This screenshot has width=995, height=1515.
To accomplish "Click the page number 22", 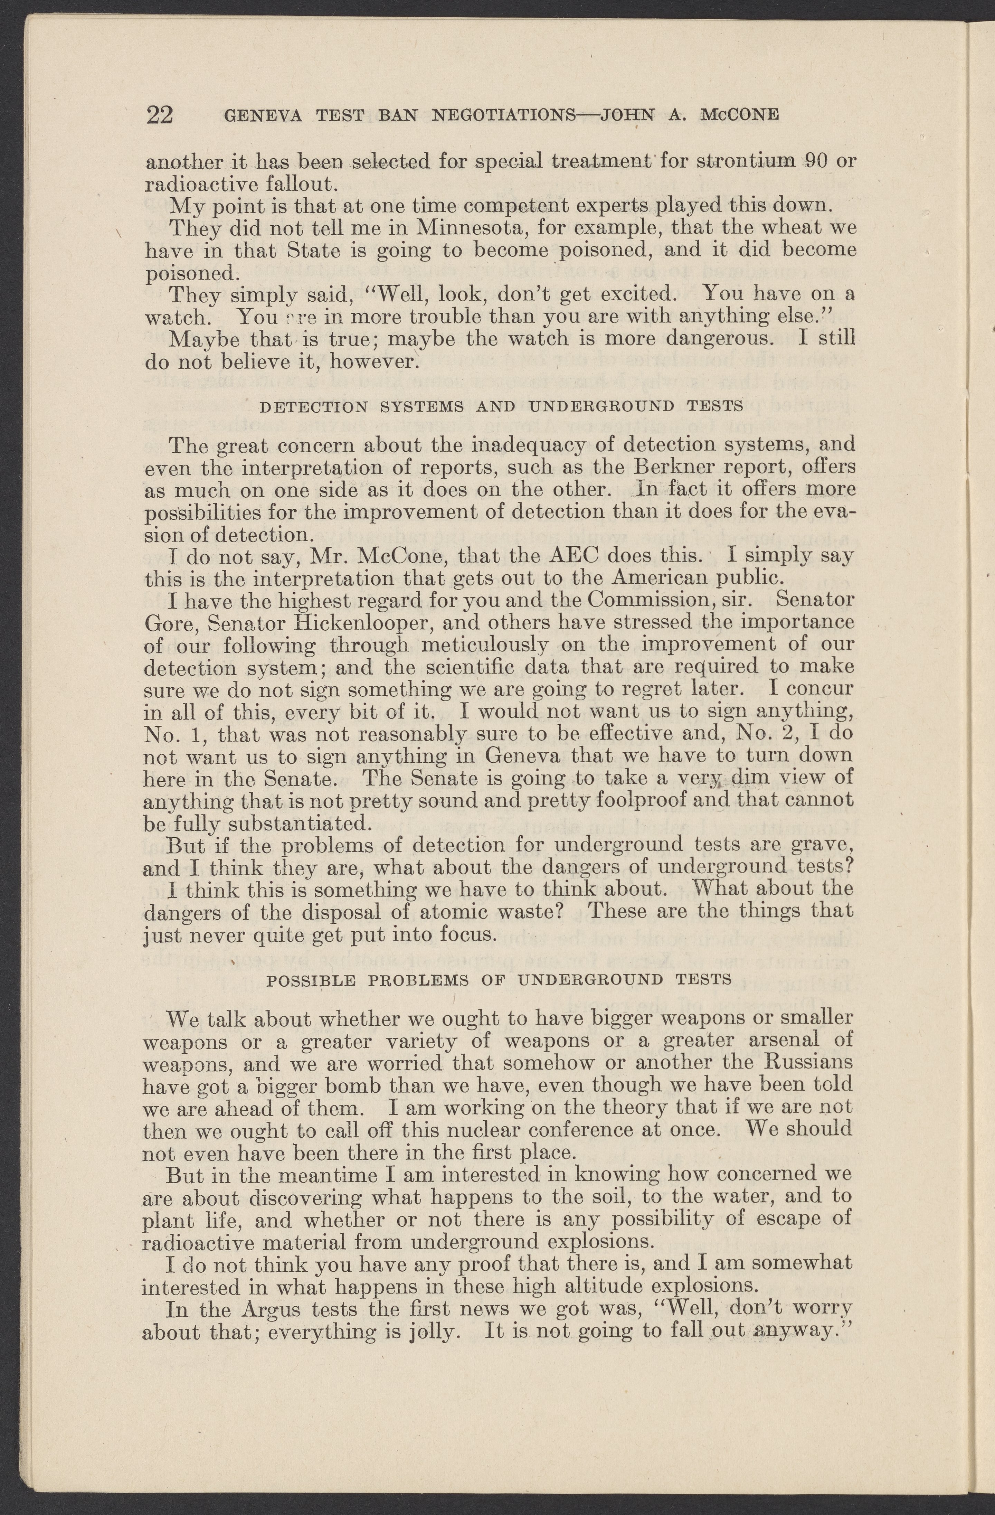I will [160, 115].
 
